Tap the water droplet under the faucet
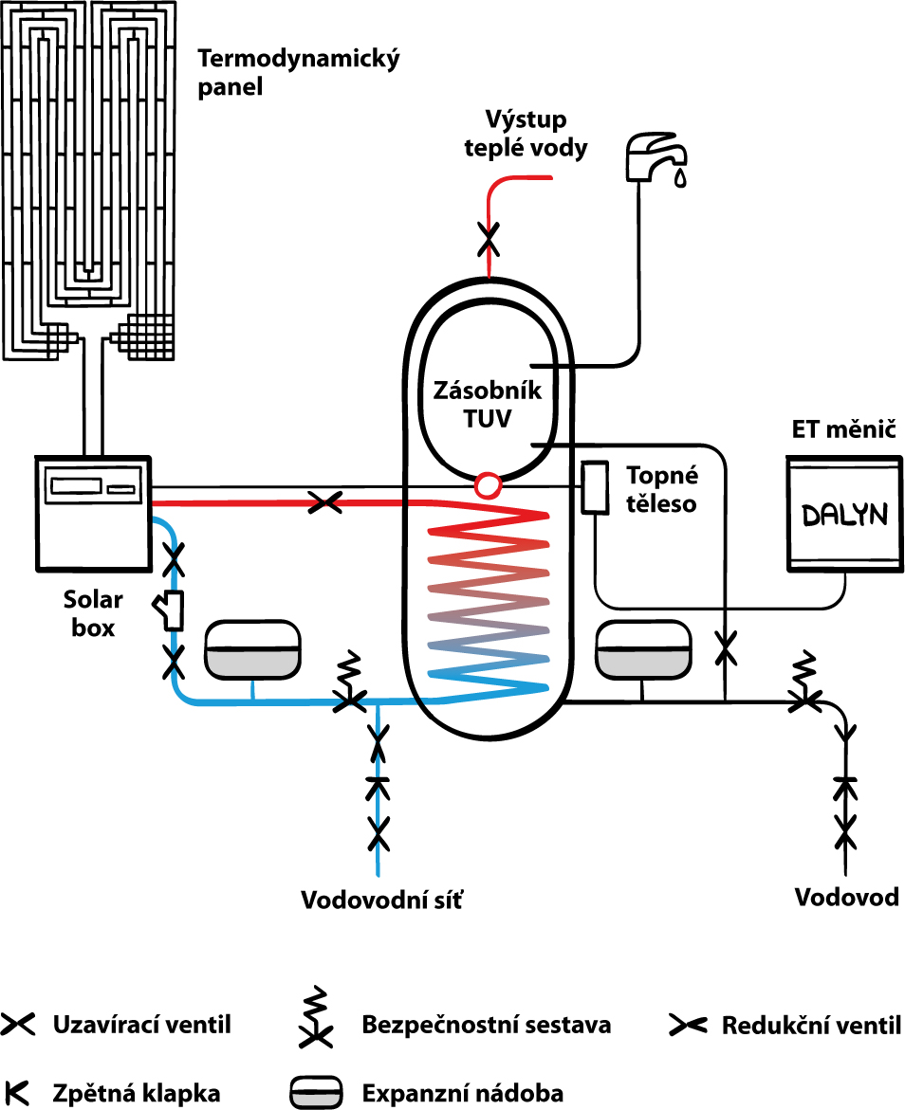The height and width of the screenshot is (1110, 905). pyautogui.click(x=680, y=178)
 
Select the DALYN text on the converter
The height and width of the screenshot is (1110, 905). pyautogui.click(x=844, y=515)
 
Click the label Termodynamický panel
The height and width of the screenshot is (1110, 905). pyautogui.click(x=298, y=73)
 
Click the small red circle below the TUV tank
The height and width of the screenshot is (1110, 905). pyautogui.click(x=488, y=484)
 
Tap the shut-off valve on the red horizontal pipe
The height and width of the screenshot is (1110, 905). pyautogui.click(x=326, y=502)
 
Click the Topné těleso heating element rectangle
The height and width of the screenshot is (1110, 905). pyautogui.click(x=596, y=488)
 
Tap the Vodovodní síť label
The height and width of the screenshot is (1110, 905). pyautogui.click(x=383, y=899)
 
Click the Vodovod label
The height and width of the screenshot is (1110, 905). pyautogui.click(x=846, y=897)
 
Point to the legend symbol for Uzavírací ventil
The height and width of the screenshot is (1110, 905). pyautogui.click(x=18, y=1025)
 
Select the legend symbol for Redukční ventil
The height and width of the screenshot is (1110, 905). pyautogui.click(x=686, y=1025)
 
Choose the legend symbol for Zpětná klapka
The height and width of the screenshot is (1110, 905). pyautogui.click(x=16, y=1092)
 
